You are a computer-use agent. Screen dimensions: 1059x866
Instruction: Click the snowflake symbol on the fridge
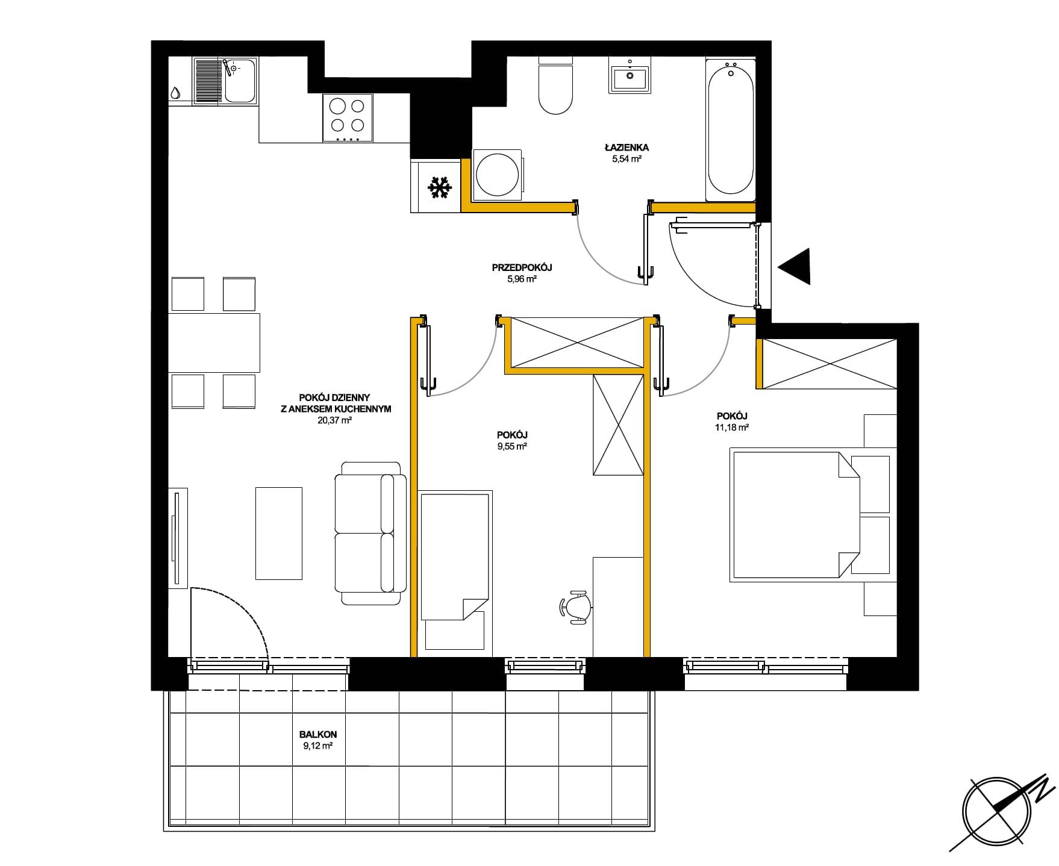(x=440, y=188)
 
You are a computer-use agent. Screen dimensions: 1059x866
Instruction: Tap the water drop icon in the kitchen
(x=175, y=93)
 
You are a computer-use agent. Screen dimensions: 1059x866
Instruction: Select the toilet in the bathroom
(x=555, y=86)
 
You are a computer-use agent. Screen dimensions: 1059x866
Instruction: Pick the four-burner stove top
(x=348, y=119)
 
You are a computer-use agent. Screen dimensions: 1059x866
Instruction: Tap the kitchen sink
(x=226, y=81)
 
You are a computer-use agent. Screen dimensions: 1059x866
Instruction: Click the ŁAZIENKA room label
(x=627, y=147)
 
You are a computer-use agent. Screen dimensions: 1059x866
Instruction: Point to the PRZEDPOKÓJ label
(x=522, y=267)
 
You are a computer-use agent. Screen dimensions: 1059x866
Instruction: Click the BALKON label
(x=318, y=735)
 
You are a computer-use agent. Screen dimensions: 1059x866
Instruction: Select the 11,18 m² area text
(x=732, y=428)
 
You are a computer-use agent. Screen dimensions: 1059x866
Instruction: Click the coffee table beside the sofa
(x=279, y=534)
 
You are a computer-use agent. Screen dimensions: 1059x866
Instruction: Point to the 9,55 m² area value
(x=512, y=446)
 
